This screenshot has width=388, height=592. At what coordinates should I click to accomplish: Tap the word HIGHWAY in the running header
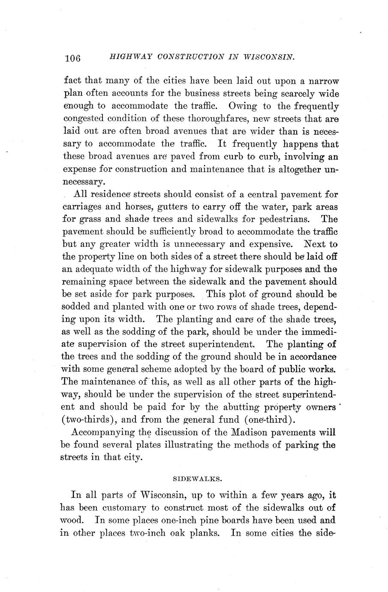click(129, 57)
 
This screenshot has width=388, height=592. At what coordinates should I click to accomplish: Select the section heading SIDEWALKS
click(194, 477)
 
